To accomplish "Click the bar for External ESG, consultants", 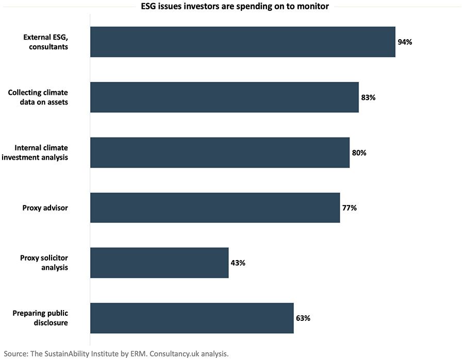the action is pos(242,42).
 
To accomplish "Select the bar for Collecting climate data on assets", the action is pos(224,97).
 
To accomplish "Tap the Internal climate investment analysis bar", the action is pos(220,152).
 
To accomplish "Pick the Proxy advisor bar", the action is pos(215,208).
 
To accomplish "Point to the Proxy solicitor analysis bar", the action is pos(159,263).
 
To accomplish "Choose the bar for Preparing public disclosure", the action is pos(192,318).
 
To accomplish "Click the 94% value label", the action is pos(405,42).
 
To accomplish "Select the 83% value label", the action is pos(368,97).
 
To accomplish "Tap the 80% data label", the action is pos(359,152).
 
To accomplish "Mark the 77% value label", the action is pos(350,208).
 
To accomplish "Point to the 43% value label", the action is pos(238,263).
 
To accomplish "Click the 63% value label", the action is pos(303,318).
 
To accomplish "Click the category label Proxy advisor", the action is pos(45,208).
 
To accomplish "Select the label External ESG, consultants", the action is pos(45,42).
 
